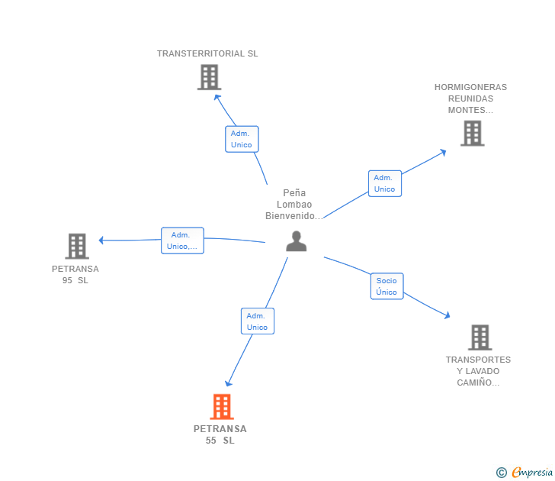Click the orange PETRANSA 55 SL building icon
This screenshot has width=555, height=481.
(222, 406)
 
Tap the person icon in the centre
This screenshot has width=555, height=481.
(296, 240)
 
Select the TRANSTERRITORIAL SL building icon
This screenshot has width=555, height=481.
(209, 77)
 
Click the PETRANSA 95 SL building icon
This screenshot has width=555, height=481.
(76, 246)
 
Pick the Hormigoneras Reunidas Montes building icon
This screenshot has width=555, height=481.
(473, 134)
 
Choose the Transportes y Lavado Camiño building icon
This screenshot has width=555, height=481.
(480, 337)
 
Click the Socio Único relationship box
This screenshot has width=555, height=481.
(387, 286)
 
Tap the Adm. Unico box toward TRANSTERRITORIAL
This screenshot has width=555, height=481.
(242, 139)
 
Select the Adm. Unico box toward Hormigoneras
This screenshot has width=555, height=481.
(385, 183)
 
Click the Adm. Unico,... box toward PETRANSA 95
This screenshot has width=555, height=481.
(182, 240)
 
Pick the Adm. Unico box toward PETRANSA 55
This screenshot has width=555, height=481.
(257, 321)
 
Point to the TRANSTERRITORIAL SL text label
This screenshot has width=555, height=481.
(207, 53)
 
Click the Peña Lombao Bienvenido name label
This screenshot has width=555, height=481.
(294, 205)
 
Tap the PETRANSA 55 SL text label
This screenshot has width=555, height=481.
(220, 434)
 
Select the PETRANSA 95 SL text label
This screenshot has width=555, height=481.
(75, 274)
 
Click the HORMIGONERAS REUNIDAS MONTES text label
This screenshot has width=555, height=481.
(470, 98)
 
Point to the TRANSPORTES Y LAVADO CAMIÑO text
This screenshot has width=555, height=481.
(478, 371)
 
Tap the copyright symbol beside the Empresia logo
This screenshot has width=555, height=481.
(501, 473)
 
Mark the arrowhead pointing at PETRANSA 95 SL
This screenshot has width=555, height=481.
(102, 240)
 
